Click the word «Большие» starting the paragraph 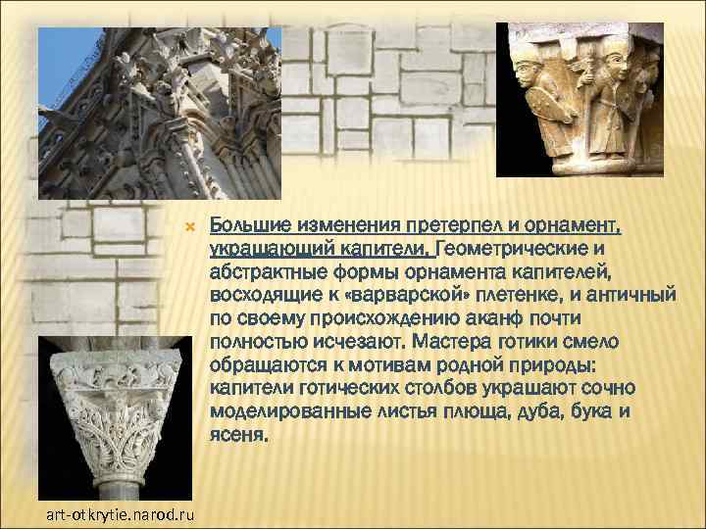[250, 227]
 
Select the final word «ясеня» [236, 435]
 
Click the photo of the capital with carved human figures [579, 98]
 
